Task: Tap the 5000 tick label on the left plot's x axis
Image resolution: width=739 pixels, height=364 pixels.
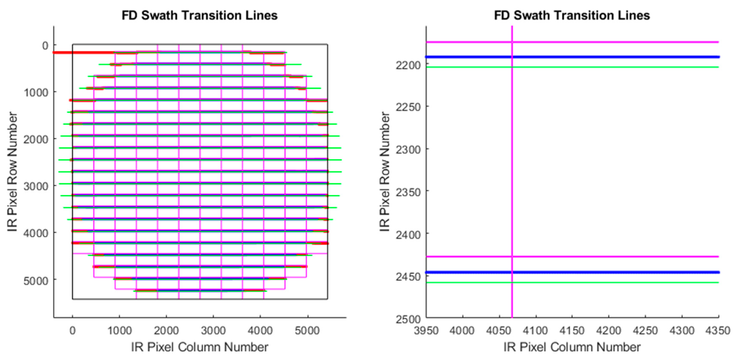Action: coord(307,331)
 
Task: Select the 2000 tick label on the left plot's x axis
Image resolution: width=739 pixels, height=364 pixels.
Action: coord(166,331)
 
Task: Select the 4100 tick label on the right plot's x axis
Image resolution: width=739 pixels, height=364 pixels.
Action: coord(535,331)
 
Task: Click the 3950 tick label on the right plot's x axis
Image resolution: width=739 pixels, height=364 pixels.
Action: coord(426,331)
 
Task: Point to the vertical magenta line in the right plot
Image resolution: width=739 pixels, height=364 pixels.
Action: coord(512,172)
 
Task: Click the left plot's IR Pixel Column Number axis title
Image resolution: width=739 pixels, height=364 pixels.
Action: coord(200,347)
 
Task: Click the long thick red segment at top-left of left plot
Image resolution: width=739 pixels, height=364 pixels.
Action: coord(83,52)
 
